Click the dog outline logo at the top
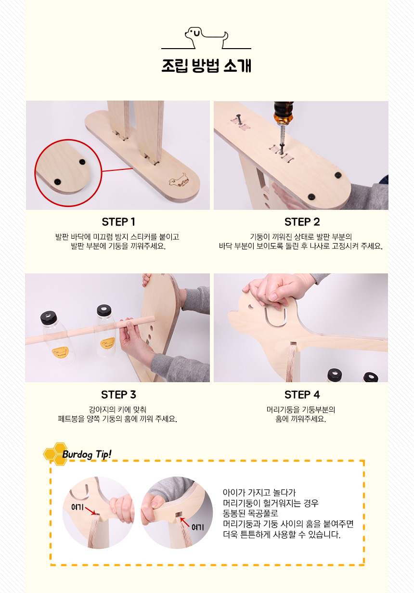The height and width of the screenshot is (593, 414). coord(206,38)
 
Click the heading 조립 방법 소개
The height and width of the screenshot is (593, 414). coord(206,65)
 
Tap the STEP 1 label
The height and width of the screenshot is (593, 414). coord(118,222)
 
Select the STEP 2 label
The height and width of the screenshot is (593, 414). coord(302,222)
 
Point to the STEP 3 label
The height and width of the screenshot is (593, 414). coord(118,395)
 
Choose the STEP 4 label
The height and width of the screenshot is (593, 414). coord(302,395)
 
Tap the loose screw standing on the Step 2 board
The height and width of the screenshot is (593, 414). coord(239,119)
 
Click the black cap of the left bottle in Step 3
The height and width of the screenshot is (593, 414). coord(49,317)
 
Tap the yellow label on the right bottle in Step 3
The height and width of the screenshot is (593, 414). coord(108,343)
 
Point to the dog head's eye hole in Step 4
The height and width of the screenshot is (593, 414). coord(250,307)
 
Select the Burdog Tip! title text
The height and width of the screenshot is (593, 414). coord(87,454)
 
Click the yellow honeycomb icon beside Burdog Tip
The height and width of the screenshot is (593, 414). coord(55,454)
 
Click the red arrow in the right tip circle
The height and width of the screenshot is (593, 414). coord(185,522)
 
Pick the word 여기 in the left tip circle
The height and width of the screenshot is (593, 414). coord(78,507)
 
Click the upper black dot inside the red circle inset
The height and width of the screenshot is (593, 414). coord(82,162)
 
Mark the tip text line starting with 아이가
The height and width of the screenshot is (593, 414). coord(259,493)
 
